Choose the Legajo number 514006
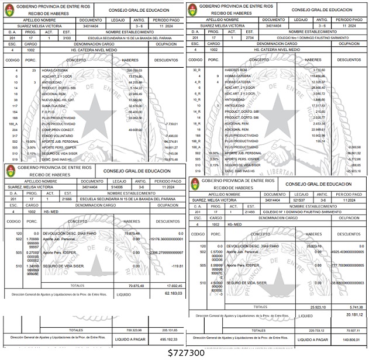(x=118, y=188)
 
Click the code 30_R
(x=196, y=70)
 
